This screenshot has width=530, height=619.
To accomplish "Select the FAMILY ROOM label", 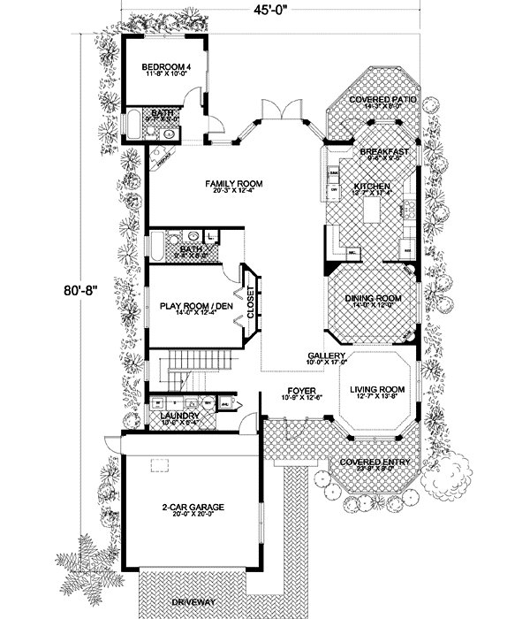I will (x=234, y=184).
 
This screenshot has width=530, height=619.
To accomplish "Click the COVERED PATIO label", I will (x=382, y=100).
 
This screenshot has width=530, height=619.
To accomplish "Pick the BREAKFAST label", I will (x=384, y=152).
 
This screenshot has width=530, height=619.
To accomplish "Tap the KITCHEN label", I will (x=372, y=187).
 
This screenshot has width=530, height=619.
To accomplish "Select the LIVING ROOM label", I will (x=377, y=389).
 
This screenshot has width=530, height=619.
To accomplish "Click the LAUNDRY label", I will (x=178, y=415).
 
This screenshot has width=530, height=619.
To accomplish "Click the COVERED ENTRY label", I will (x=377, y=462).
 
